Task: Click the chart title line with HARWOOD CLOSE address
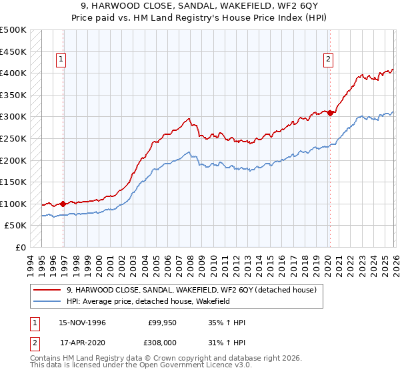[200, 6]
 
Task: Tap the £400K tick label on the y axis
[13, 73]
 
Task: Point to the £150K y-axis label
[13, 182]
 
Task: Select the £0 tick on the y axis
[20, 247]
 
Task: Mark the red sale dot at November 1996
[63, 204]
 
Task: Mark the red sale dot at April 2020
[330, 113]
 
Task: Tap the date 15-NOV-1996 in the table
[83, 323]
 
